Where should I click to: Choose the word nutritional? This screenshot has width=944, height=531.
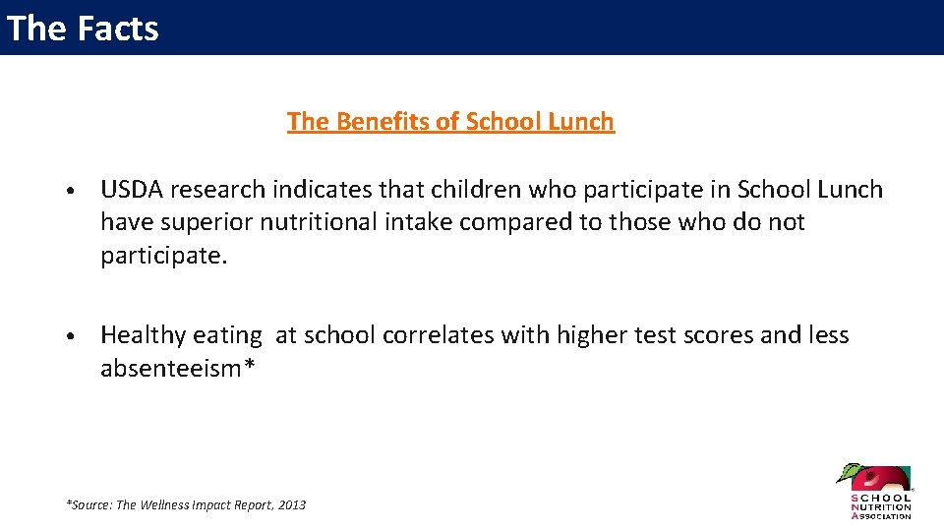[318, 222]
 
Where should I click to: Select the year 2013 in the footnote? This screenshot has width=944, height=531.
[292, 505]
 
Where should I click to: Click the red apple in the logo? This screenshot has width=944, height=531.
[872, 481]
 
